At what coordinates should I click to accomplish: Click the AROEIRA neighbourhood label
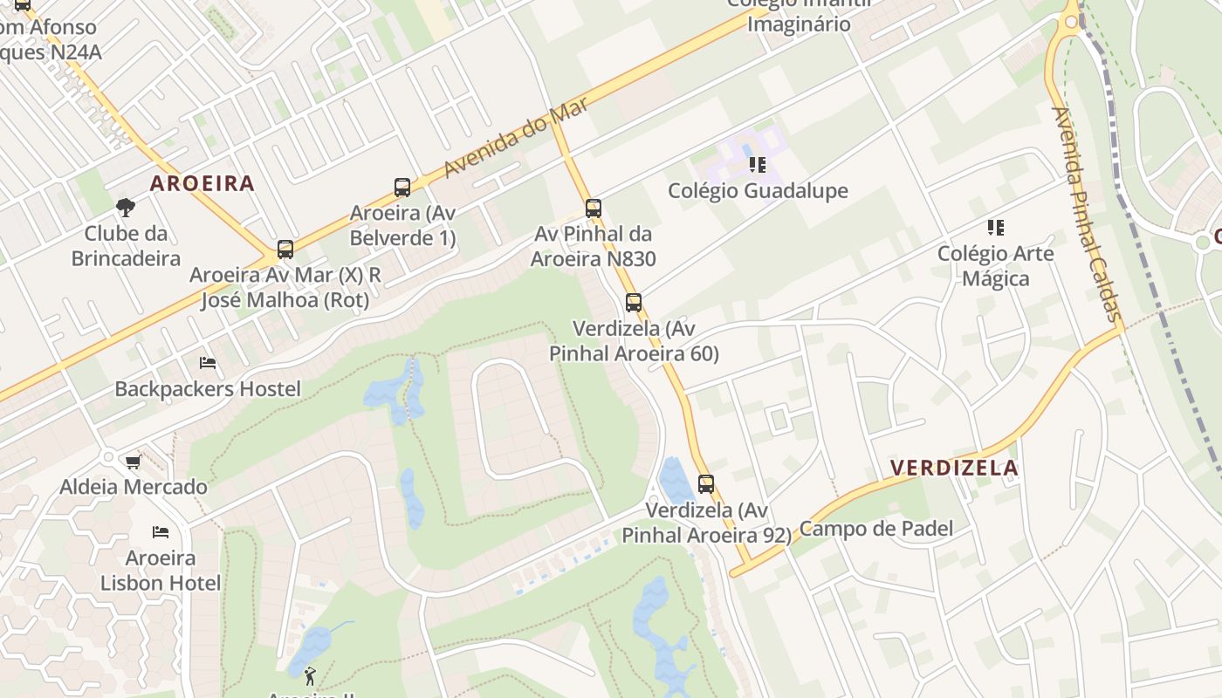click(202, 183)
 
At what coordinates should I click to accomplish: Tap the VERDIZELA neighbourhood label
click(954, 468)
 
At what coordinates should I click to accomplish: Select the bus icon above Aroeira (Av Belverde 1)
click(402, 187)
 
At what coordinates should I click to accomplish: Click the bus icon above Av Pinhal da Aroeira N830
click(594, 209)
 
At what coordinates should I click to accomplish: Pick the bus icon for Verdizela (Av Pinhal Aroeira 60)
click(634, 303)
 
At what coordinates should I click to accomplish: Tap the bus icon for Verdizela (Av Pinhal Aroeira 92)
click(706, 483)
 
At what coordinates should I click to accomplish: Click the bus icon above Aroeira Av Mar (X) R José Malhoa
click(285, 250)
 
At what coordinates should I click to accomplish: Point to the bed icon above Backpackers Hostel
click(208, 363)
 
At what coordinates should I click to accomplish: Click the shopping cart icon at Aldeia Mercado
click(133, 462)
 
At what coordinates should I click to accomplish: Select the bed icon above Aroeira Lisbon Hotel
click(161, 531)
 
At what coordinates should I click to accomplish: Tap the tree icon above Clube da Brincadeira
click(126, 208)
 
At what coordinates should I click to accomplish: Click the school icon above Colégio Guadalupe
click(758, 164)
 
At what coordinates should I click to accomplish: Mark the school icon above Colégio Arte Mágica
click(996, 228)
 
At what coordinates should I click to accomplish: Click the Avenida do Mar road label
click(515, 137)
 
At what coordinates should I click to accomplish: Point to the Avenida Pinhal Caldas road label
click(1087, 214)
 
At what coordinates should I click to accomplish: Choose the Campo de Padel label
click(875, 529)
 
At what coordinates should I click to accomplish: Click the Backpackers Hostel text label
click(208, 389)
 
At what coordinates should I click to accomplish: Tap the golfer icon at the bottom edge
click(310, 675)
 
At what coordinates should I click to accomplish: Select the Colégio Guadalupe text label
click(758, 190)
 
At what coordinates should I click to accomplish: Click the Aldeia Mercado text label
click(134, 487)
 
